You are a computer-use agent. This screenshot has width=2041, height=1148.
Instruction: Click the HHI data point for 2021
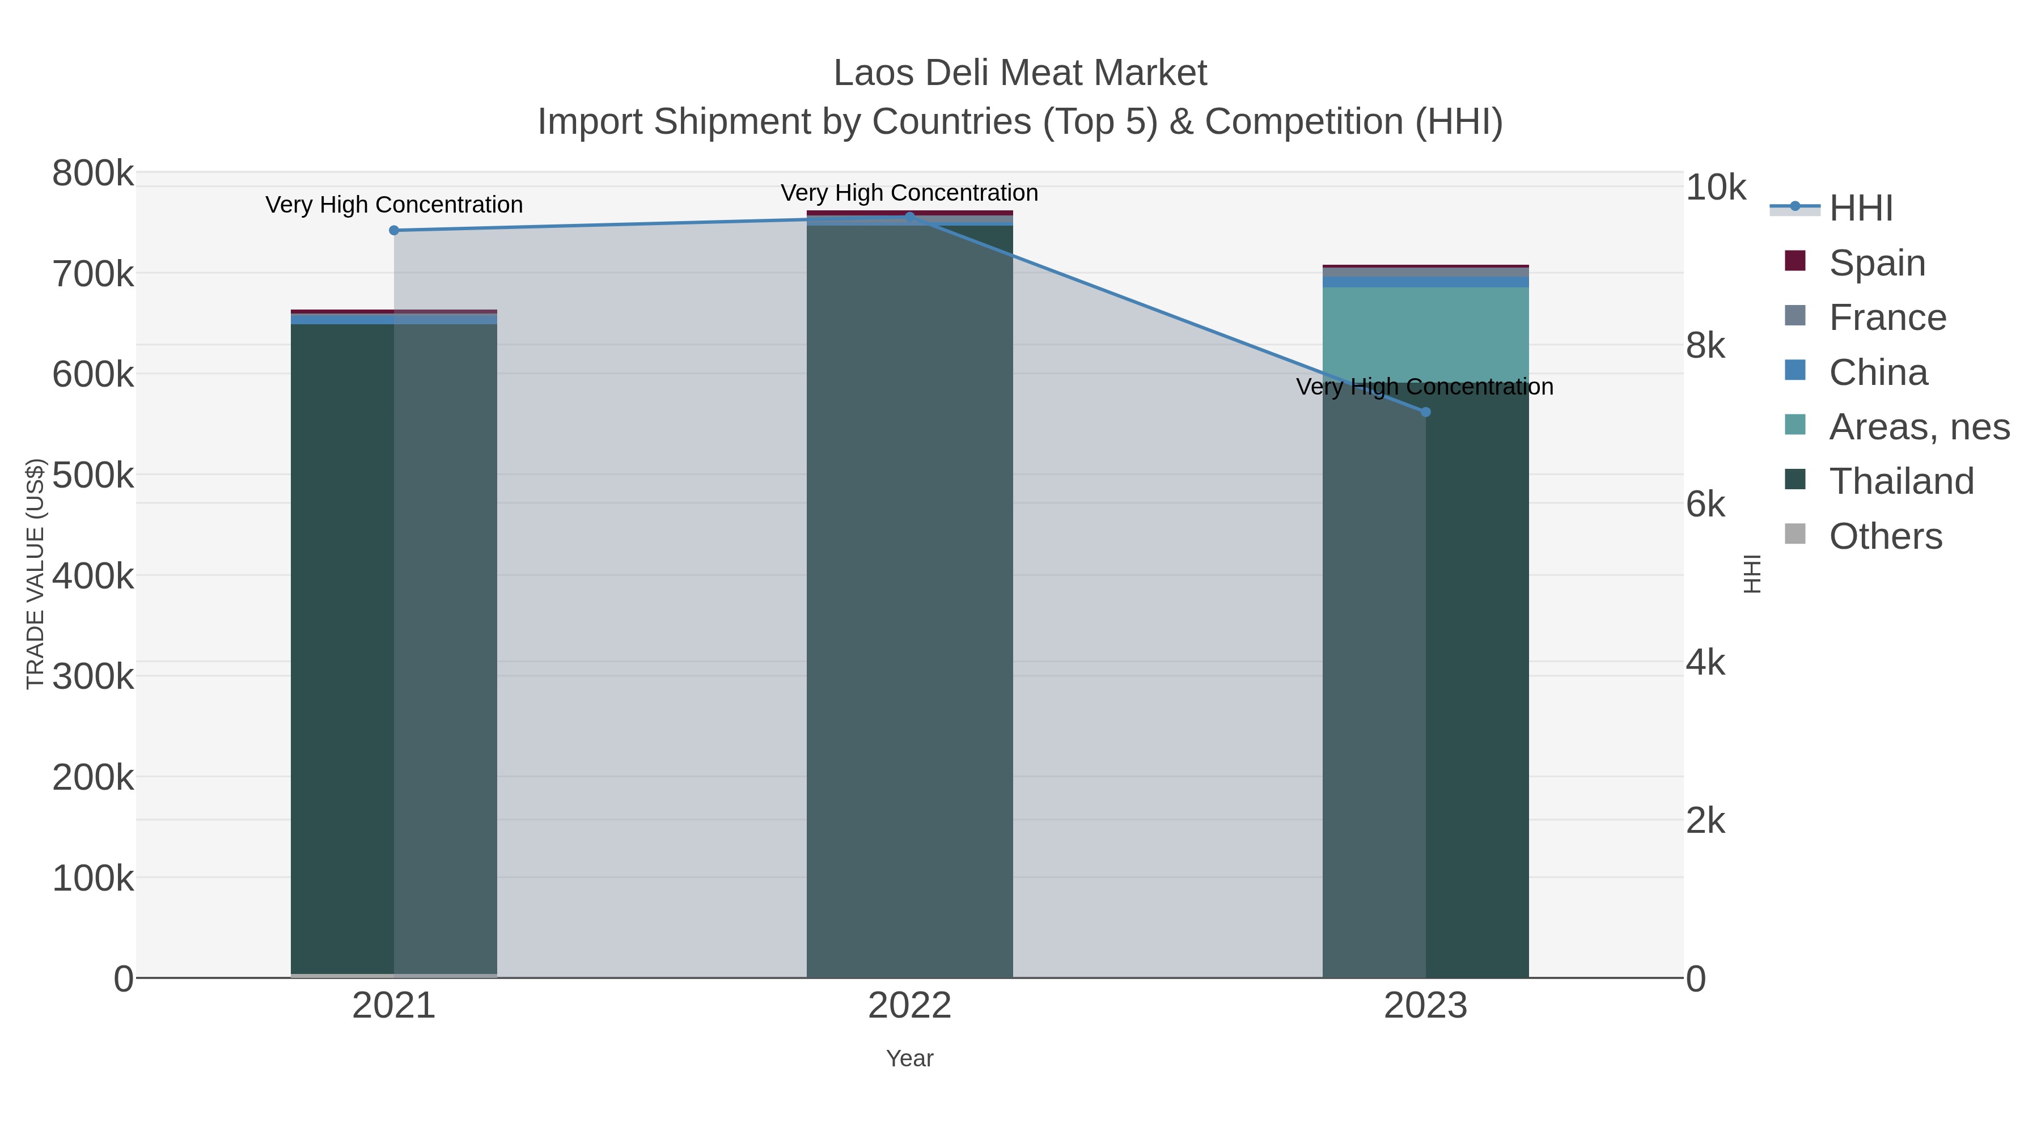coord(394,231)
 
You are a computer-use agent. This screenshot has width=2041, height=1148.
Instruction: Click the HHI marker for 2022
coord(909,217)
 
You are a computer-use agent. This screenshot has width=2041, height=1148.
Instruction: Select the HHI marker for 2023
coord(1425,412)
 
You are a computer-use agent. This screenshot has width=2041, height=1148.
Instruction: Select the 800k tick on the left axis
coord(93,173)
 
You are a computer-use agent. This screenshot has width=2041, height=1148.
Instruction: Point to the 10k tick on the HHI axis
coord(1716,188)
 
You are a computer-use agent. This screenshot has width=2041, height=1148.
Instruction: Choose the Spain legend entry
coord(1876,263)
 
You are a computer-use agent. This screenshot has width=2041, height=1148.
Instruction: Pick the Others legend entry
coord(1885,536)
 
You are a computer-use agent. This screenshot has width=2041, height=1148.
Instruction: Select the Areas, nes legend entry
coord(1918,427)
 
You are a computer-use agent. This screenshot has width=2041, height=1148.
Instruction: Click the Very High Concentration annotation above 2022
coord(909,193)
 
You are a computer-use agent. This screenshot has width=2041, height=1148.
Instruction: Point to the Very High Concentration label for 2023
coord(1425,387)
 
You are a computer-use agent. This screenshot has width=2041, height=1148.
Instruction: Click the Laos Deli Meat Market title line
coord(1020,73)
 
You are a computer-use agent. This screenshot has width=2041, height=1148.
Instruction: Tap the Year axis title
coord(909,1058)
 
